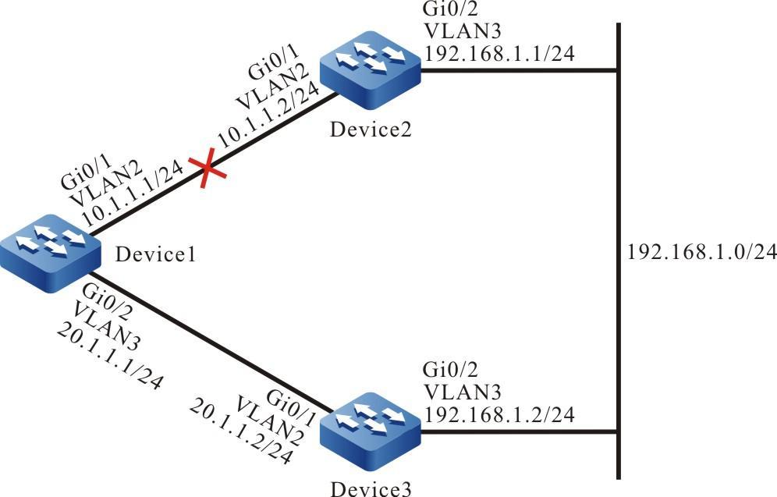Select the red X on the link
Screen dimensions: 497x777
[208, 170]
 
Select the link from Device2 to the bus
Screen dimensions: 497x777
[519, 71]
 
